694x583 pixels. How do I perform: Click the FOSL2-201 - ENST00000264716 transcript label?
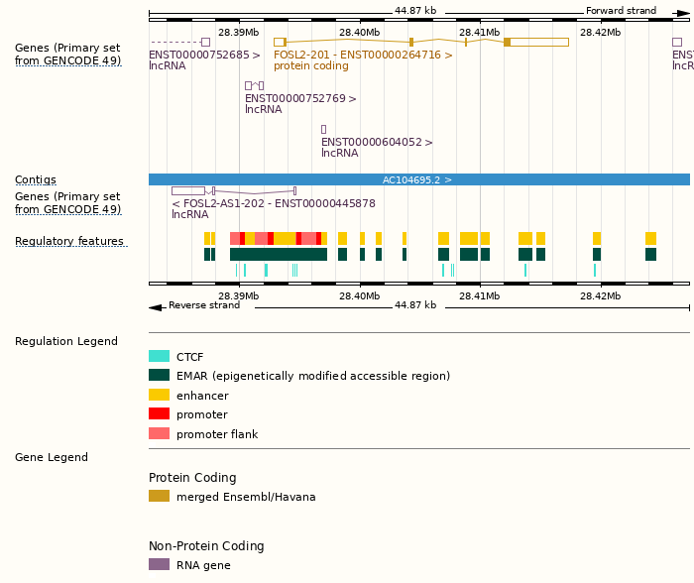pos(363,56)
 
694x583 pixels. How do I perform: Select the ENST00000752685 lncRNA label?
pos(204,56)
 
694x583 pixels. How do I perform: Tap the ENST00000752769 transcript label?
pos(300,99)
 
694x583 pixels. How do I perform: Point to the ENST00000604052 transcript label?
pos(377,143)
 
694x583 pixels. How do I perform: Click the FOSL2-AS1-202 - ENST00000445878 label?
pos(274,203)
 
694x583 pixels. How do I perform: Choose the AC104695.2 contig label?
pos(417,180)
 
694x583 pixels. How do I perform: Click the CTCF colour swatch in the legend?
pos(159,357)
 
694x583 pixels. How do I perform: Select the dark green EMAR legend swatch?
pos(159,376)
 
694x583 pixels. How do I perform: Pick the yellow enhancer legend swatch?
pos(159,396)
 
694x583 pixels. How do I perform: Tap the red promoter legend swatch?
pos(159,414)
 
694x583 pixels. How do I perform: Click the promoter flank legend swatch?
pos(159,434)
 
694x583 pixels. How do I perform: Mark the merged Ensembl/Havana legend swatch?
pos(159,497)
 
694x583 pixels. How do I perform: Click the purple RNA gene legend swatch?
pos(159,565)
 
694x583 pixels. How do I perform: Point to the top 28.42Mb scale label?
pos(600,33)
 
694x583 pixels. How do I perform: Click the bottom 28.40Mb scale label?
pos(359,296)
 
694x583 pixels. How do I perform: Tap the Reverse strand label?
pos(204,305)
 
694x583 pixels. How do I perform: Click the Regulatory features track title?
pos(69,242)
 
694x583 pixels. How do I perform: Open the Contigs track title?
pos(36,180)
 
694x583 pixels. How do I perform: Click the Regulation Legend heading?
pos(66,341)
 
